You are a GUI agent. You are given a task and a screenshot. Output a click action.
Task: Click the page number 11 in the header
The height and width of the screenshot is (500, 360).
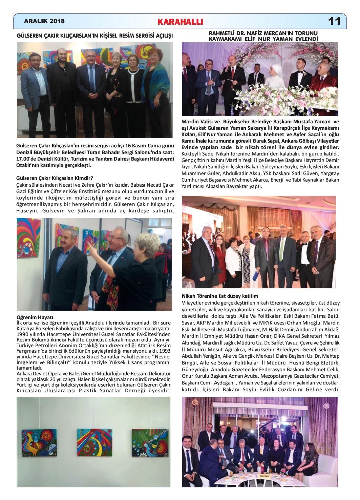click(x=334, y=21)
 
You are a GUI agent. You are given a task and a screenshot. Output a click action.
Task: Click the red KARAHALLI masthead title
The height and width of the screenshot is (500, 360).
click(x=180, y=22)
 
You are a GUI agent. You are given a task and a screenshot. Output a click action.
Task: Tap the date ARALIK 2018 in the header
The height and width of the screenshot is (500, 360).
click(x=44, y=21)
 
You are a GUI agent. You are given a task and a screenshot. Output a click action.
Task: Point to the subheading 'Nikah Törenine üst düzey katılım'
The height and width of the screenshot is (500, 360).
click(x=220, y=296)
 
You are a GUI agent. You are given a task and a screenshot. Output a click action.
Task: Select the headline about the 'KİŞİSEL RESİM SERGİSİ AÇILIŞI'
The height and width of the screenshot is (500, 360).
click(x=95, y=36)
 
